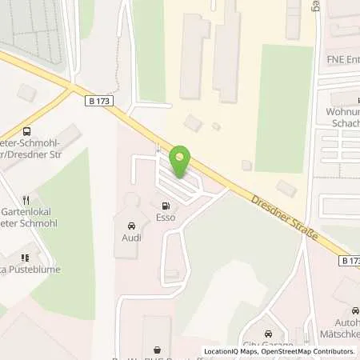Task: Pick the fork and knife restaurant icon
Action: [x=26, y=200]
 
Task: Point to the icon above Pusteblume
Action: [x=26, y=258]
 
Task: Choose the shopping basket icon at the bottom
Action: [x=156, y=349]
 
